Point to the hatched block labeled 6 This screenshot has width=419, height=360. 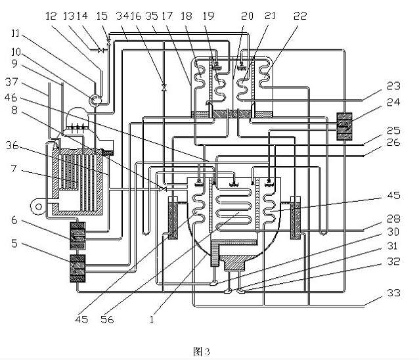click(x=78, y=234)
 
